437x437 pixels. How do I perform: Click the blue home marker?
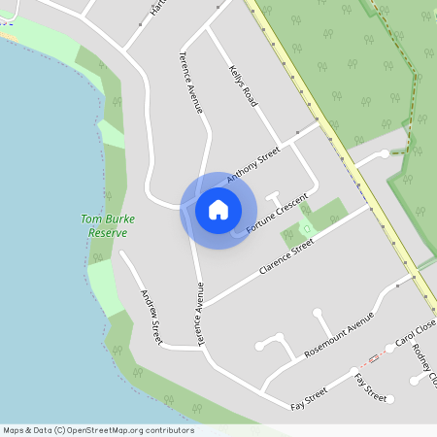[x=218, y=209]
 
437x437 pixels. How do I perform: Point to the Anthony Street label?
[x=252, y=165]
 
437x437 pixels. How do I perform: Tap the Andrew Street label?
[x=151, y=317]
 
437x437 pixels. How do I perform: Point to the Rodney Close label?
[x=425, y=364]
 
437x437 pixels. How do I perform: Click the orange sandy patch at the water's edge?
[x=8, y=37]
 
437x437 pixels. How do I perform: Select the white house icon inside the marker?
[x=218, y=209]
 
